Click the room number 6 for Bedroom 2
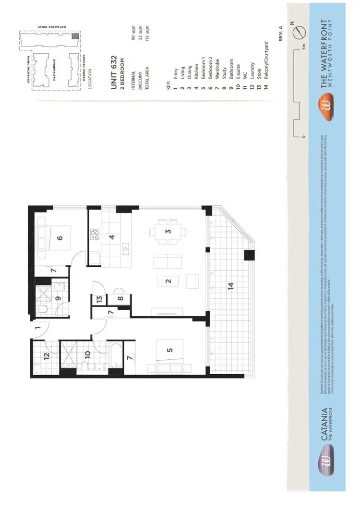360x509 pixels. pyautogui.click(x=60, y=237)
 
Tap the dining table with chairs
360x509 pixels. pyautogui.click(x=168, y=231)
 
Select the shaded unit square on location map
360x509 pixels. pyautogui.click(x=74, y=36)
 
